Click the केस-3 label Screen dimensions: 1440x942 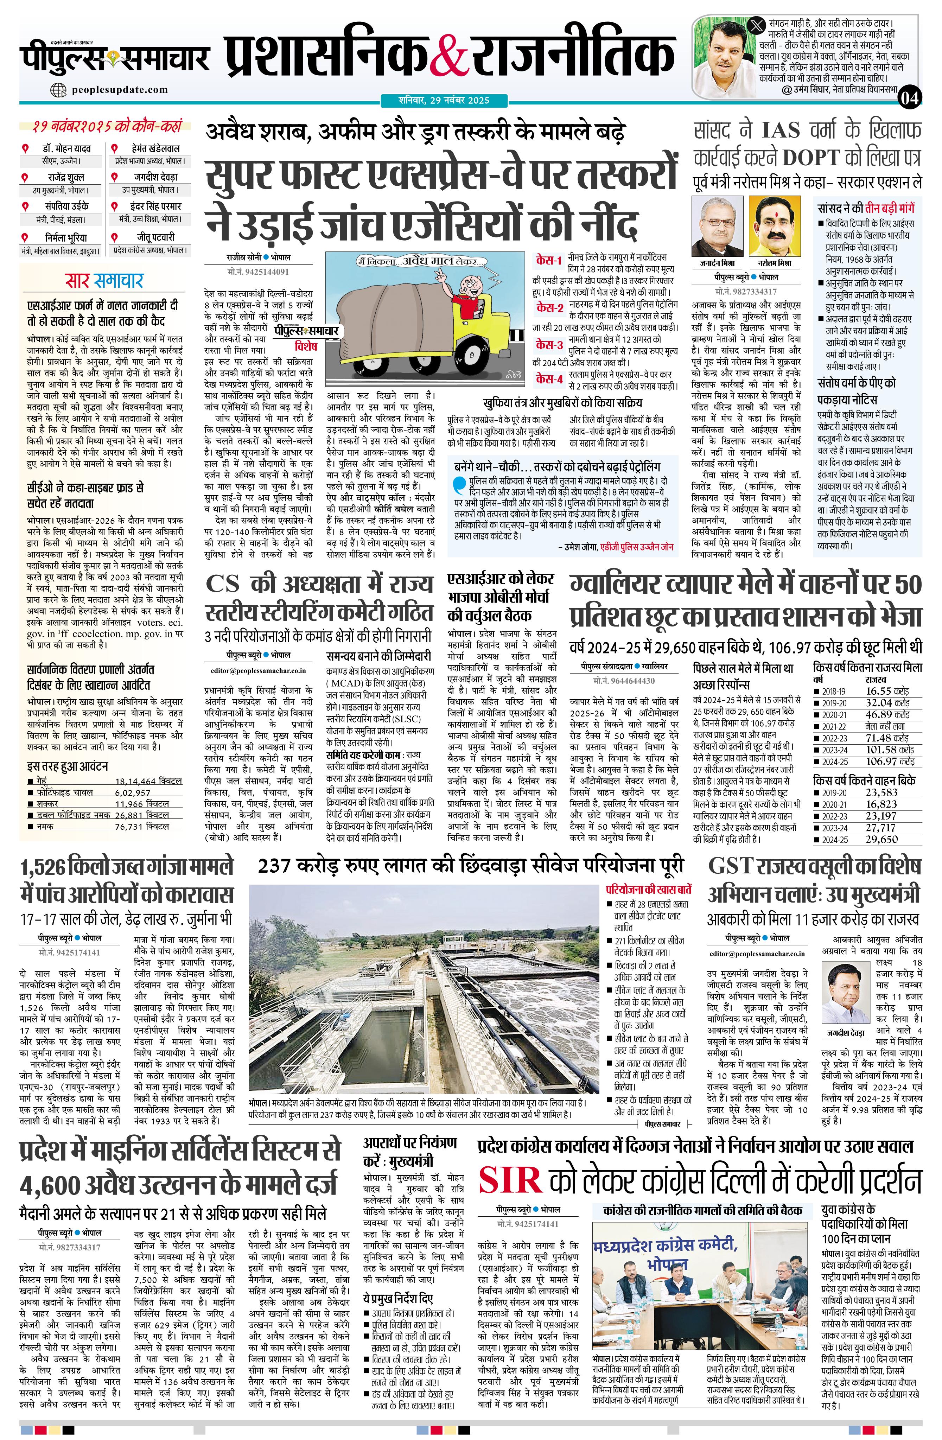549,345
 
